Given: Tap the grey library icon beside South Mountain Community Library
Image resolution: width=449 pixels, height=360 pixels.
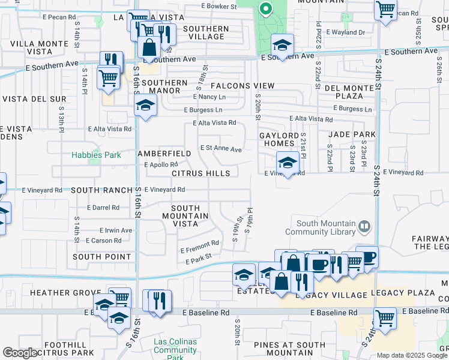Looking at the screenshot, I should (364, 227).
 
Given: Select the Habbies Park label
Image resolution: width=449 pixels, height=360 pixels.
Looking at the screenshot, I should (96, 155).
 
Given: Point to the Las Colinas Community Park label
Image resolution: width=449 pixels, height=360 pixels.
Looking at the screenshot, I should (175, 350).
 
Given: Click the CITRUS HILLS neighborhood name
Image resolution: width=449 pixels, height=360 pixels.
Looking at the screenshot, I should (200, 173).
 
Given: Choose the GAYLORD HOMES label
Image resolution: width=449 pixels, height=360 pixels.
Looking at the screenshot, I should (279, 140).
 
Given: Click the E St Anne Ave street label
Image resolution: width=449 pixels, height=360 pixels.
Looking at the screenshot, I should (221, 148).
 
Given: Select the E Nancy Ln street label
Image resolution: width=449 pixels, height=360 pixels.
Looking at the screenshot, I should (209, 97).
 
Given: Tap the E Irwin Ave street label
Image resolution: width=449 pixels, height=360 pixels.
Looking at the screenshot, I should (116, 230).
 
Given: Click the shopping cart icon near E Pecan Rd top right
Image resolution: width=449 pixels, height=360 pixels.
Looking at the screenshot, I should (385, 9).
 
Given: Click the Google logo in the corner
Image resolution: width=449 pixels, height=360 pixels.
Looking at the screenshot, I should (20, 353).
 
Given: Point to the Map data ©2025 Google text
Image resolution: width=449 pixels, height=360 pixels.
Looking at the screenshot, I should (412, 355).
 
